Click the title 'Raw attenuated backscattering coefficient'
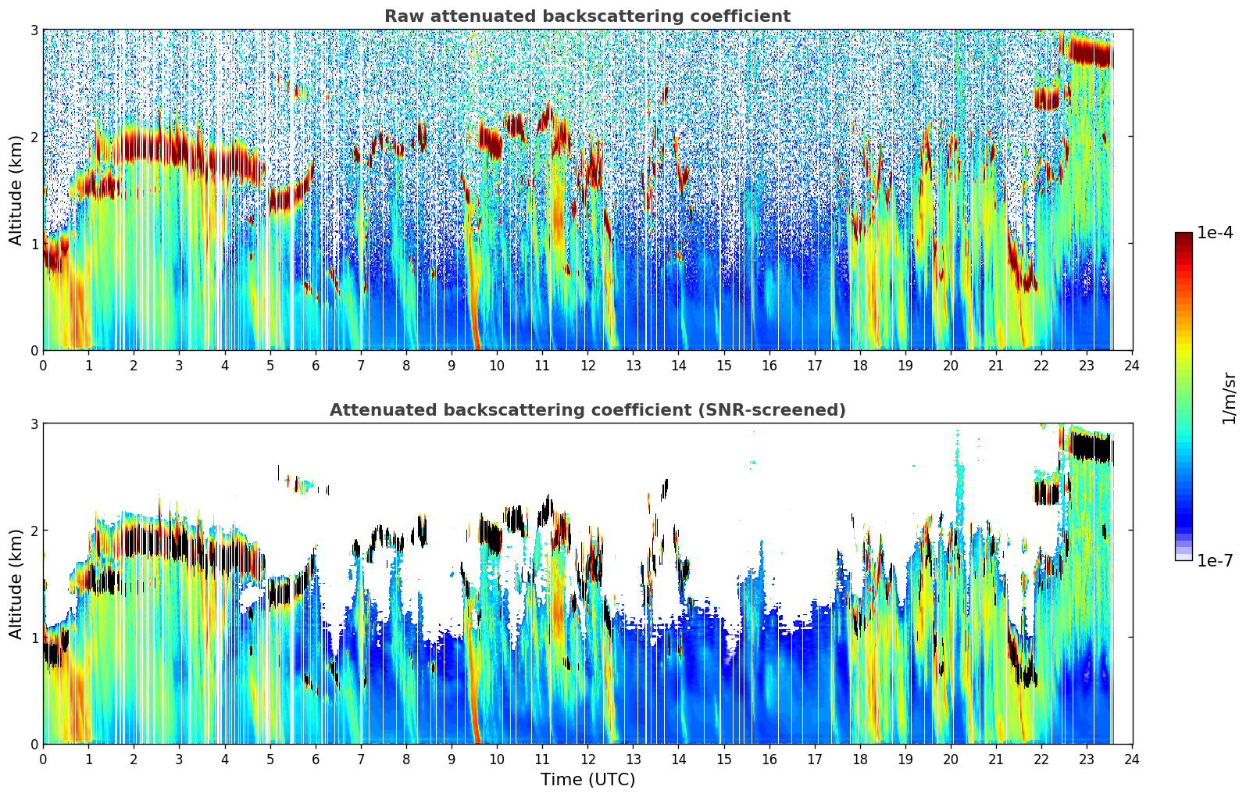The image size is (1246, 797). pos(587,16)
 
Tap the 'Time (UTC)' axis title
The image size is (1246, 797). pos(587,779)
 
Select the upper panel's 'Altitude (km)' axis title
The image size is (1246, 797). pos(16,190)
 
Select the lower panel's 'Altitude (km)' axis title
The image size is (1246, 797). pos(16,584)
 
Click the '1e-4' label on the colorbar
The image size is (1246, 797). pos(1215,233)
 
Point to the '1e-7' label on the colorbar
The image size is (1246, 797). pos(1215,560)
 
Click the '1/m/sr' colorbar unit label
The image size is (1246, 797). pos(1229,398)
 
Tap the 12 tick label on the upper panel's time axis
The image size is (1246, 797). pos(587,365)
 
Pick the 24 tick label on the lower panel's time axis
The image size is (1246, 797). pos(1132,759)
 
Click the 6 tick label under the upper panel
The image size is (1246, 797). pos(316,365)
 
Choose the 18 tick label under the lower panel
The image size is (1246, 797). pos(860,759)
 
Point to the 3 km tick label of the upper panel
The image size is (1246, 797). pos(34,30)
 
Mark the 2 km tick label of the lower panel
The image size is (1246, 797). pos(34,531)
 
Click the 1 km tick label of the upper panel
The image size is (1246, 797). pos(34,244)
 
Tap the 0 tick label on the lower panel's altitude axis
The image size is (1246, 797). pos(34,744)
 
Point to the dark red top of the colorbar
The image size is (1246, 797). pos(1184,237)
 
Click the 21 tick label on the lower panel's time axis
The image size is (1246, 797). pos(996,759)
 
